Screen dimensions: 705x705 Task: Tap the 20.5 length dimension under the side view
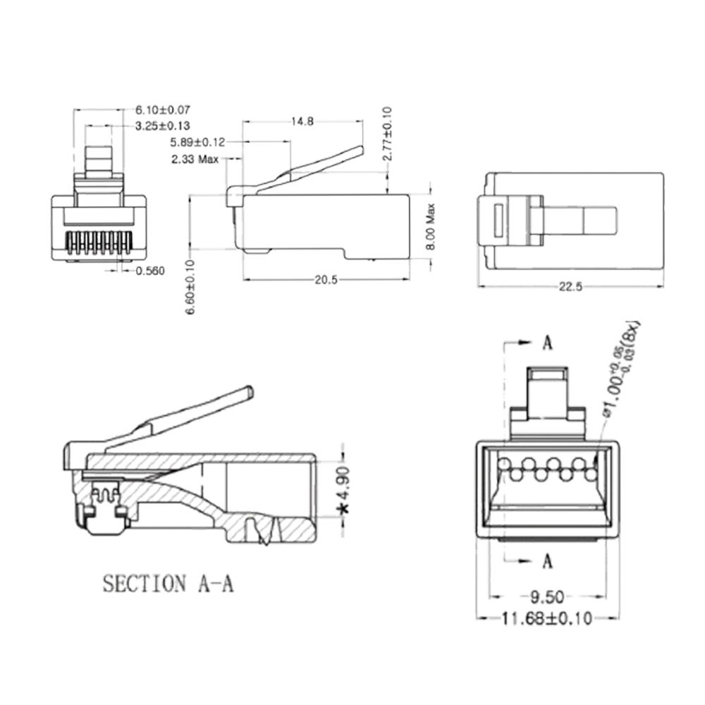pyautogui.click(x=326, y=281)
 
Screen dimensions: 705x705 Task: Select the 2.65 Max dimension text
pyautogui.click(x=197, y=158)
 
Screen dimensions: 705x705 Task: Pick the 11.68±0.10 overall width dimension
pyautogui.click(x=547, y=620)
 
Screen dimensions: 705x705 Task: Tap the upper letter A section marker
pyautogui.click(x=549, y=343)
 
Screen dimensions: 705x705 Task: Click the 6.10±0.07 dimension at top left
pyautogui.click(x=164, y=111)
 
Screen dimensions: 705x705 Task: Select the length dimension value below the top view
pyautogui.click(x=570, y=286)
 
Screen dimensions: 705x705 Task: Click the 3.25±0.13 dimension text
pyautogui.click(x=164, y=125)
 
